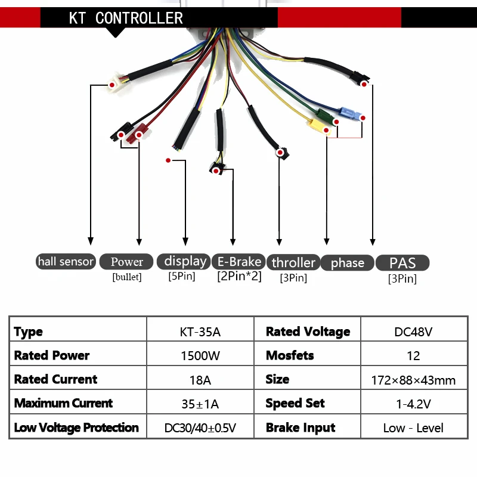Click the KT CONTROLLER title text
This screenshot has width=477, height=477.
pyautogui.click(x=126, y=18)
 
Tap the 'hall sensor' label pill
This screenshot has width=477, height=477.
pyautogui.click(x=66, y=261)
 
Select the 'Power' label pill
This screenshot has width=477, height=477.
pyautogui.click(x=126, y=261)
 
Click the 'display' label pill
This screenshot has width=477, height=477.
pyautogui.click(x=185, y=261)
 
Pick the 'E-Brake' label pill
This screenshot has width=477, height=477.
pyautogui.click(x=239, y=261)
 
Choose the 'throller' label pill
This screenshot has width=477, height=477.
pyautogui.click(x=293, y=262)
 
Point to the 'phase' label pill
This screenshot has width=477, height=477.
pyautogui.click(x=347, y=262)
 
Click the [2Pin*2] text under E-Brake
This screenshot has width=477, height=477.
pyautogui.click(x=239, y=276)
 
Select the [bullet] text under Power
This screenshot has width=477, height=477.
pyautogui.click(x=126, y=277)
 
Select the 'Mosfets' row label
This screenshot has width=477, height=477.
pyautogui.click(x=290, y=356)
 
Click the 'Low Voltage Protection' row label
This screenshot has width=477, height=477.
pyautogui.click(x=76, y=428)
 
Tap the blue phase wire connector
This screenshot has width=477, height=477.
pyautogui.click(x=348, y=113)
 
